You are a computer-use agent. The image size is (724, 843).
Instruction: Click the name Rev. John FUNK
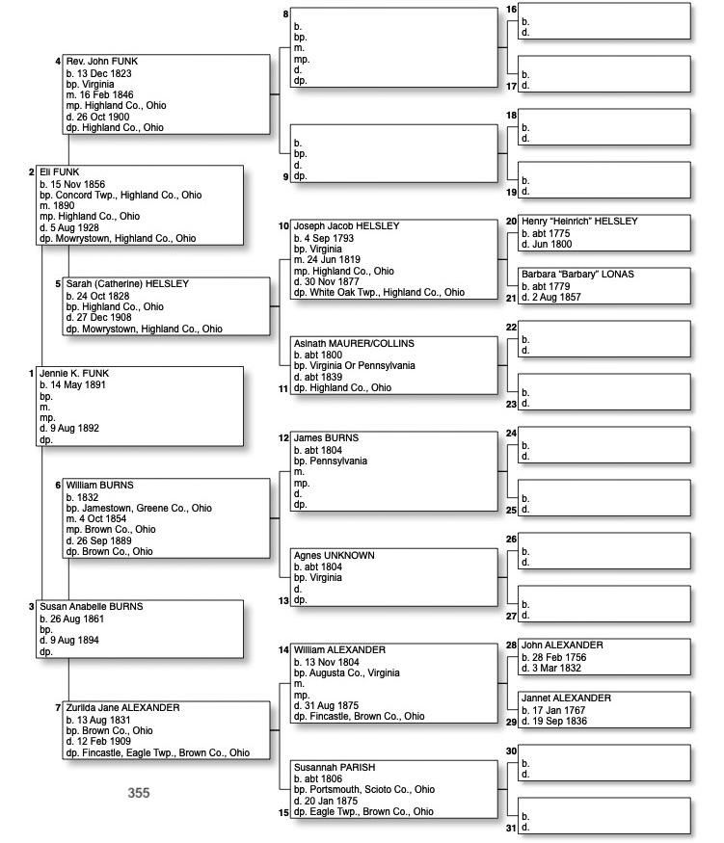[x=101, y=62]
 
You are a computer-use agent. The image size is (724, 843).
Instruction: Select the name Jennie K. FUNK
[x=72, y=373]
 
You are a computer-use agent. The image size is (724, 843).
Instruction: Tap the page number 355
[x=139, y=793]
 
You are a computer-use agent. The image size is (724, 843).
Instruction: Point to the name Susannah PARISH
[x=334, y=767]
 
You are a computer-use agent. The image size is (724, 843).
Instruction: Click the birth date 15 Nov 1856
[x=78, y=184]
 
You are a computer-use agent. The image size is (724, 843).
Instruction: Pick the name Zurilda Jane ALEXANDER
[x=122, y=708]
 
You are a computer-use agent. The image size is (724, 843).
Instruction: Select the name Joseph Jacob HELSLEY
[x=345, y=226]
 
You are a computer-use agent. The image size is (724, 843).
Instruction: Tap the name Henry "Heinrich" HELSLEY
[x=579, y=222]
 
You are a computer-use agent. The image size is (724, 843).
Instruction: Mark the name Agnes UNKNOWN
[x=334, y=556]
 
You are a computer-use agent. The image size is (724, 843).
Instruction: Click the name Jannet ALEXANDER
[x=566, y=698]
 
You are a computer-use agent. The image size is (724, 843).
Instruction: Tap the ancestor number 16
[x=511, y=10]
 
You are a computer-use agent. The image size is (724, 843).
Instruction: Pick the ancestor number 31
[x=511, y=828]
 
